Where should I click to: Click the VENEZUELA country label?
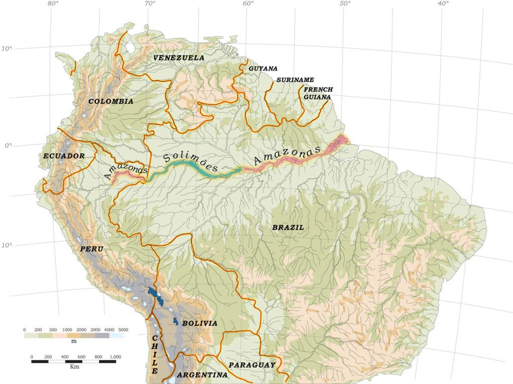(x=179, y=58)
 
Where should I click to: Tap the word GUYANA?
(x=263, y=69)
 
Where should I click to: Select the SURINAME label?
(x=295, y=80)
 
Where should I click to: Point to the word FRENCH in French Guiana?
(x=318, y=89)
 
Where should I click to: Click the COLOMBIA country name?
(x=111, y=101)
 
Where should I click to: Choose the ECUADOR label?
(x=64, y=156)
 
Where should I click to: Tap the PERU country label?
(x=91, y=249)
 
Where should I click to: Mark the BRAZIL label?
(x=288, y=227)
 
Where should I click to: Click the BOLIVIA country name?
(x=199, y=323)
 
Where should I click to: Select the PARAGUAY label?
(x=252, y=364)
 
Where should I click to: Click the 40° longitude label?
(x=442, y=4)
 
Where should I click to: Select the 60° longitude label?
(x=248, y=4)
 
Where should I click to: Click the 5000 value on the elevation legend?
(x=123, y=329)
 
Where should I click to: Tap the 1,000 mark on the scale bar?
(x=115, y=356)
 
